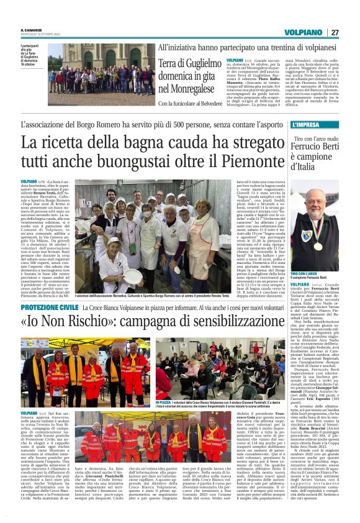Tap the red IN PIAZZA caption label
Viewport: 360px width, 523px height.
point(164,402)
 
